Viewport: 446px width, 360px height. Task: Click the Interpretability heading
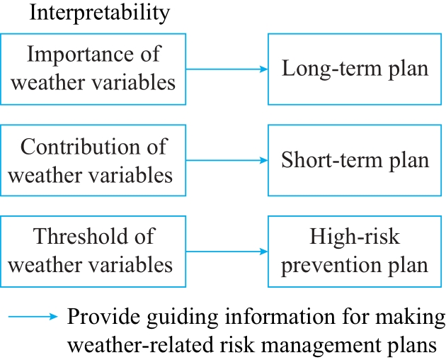[100, 13]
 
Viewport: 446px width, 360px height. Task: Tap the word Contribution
[80, 147]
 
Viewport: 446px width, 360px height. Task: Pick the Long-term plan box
[355, 69]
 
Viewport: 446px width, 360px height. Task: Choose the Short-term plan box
[355, 160]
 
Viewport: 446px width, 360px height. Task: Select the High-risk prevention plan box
[355, 252]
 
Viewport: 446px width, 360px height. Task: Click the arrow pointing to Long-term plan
[227, 69]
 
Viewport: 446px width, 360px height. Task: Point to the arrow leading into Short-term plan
[227, 160]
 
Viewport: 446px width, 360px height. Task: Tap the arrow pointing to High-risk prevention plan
[227, 252]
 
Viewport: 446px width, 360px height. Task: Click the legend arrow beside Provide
[33, 317]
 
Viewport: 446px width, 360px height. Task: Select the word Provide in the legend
[103, 317]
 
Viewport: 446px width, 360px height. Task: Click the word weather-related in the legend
[140, 344]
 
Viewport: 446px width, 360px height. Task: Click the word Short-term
[331, 159]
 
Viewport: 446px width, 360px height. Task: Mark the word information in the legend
[280, 317]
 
